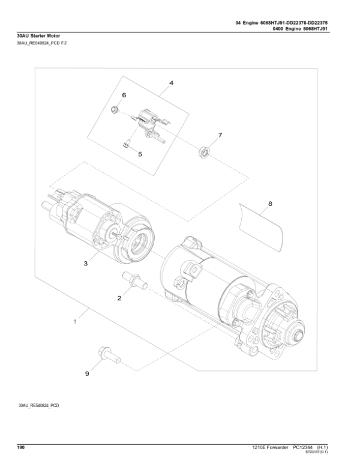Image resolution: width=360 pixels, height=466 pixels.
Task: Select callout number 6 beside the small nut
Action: point(124,95)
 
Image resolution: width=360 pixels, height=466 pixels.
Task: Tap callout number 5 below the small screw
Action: point(140,154)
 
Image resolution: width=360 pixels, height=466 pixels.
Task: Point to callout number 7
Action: point(220,136)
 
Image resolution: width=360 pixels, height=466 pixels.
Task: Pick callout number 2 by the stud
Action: point(119,297)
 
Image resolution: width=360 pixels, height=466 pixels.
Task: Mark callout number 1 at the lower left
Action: point(75,322)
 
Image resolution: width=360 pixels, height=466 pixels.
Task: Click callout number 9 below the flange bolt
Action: point(86,374)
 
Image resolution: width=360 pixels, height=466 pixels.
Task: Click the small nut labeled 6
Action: point(114,109)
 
